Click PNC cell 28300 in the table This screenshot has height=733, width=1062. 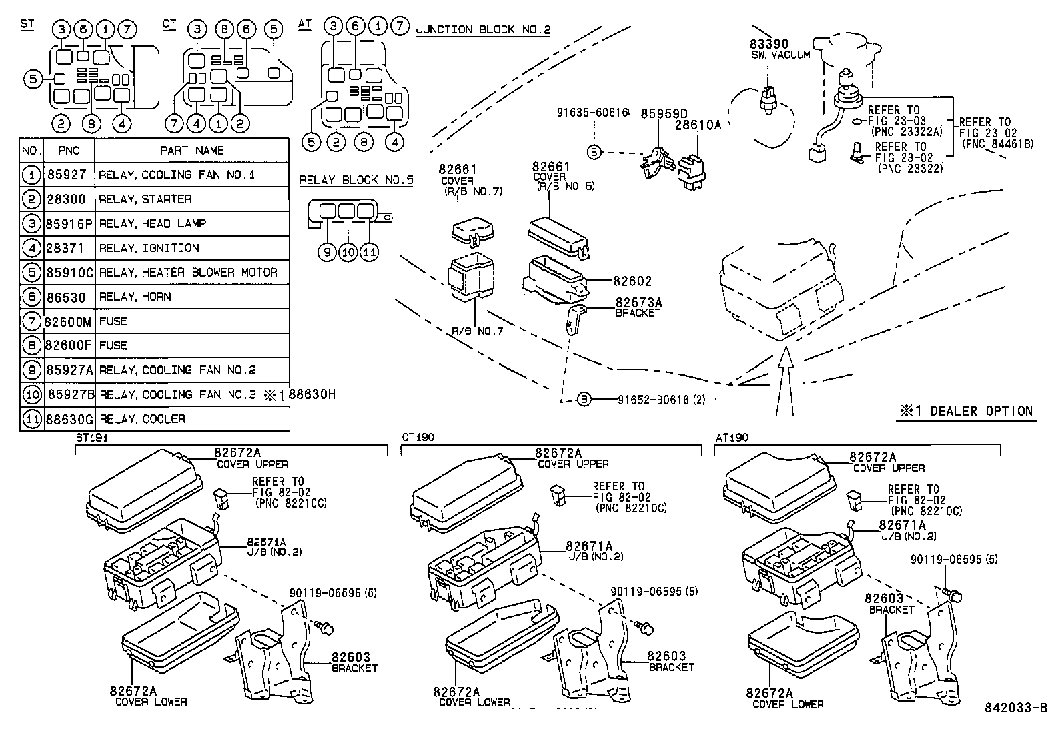[x=69, y=199]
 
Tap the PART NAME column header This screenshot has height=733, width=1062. [x=192, y=151]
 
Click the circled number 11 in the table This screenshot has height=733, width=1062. [x=31, y=419]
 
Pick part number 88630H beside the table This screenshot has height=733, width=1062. [x=312, y=394]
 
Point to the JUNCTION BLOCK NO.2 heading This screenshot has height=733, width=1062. [x=483, y=29]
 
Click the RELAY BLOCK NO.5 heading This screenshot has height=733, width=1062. [x=356, y=180]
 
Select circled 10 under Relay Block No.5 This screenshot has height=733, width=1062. [x=348, y=252]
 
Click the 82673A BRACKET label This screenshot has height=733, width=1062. [x=638, y=307]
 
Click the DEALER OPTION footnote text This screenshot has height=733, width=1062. [x=966, y=411]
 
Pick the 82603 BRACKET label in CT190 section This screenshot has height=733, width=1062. [x=669, y=660]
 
